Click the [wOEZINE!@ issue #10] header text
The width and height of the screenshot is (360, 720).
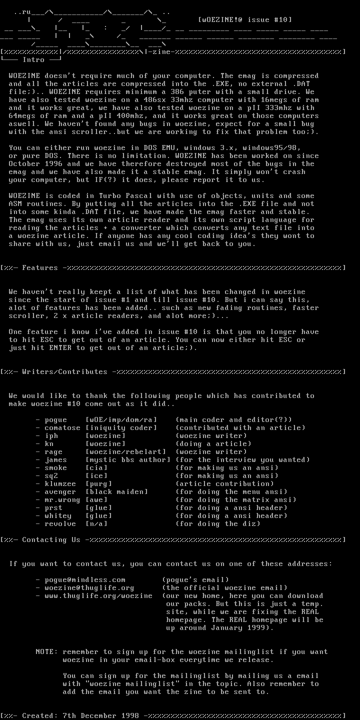pos(245,20)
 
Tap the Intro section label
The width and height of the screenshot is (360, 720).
pos(33,60)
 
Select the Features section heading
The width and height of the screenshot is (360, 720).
pos(40,268)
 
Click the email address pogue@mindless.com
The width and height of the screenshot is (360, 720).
pos(85,580)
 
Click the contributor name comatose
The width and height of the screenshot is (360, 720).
pos(62,428)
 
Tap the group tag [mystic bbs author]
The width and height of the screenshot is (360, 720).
pos(128,460)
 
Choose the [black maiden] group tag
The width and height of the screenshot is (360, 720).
pos(116,492)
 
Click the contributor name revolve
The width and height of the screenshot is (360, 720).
pos(60,524)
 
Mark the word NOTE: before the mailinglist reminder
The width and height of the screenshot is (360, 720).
pos(46,652)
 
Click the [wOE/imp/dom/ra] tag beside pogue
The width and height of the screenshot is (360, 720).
pos(121,420)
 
